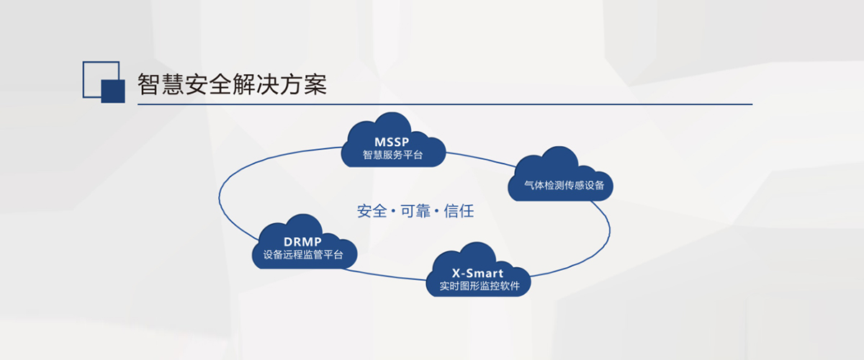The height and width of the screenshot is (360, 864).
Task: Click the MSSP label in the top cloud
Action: click(x=392, y=142)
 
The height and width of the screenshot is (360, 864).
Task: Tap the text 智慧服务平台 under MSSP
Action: click(x=392, y=155)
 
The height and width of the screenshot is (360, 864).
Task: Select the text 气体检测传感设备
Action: click(x=564, y=185)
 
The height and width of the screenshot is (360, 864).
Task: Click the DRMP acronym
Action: click(x=302, y=241)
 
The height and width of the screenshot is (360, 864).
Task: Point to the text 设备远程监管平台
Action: click(x=303, y=255)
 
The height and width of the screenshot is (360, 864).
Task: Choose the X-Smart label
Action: click(x=477, y=273)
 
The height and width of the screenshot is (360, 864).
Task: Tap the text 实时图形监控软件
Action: click(x=480, y=286)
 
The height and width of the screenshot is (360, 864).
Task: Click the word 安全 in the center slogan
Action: click(x=372, y=211)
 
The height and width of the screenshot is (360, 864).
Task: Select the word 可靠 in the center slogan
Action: click(x=415, y=211)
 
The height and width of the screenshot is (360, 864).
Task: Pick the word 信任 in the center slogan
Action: click(x=459, y=211)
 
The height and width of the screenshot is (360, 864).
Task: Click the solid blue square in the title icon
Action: click(x=113, y=91)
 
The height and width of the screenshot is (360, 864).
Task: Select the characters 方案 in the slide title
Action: click(x=303, y=84)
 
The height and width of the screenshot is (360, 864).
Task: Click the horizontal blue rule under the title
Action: click(x=445, y=104)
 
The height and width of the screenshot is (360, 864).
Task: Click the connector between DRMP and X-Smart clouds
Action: click(x=384, y=275)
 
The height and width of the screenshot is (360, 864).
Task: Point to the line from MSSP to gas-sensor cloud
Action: click(x=481, y=158)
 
